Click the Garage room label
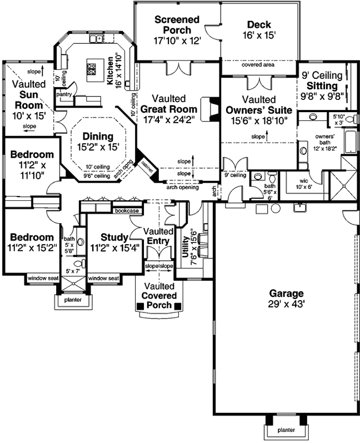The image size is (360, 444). [286, 293]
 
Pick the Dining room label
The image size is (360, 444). [98, 137]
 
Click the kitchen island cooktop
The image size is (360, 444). [91, 69]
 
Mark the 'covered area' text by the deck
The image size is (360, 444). [258, 65]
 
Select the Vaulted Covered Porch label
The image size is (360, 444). [160, 295]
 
